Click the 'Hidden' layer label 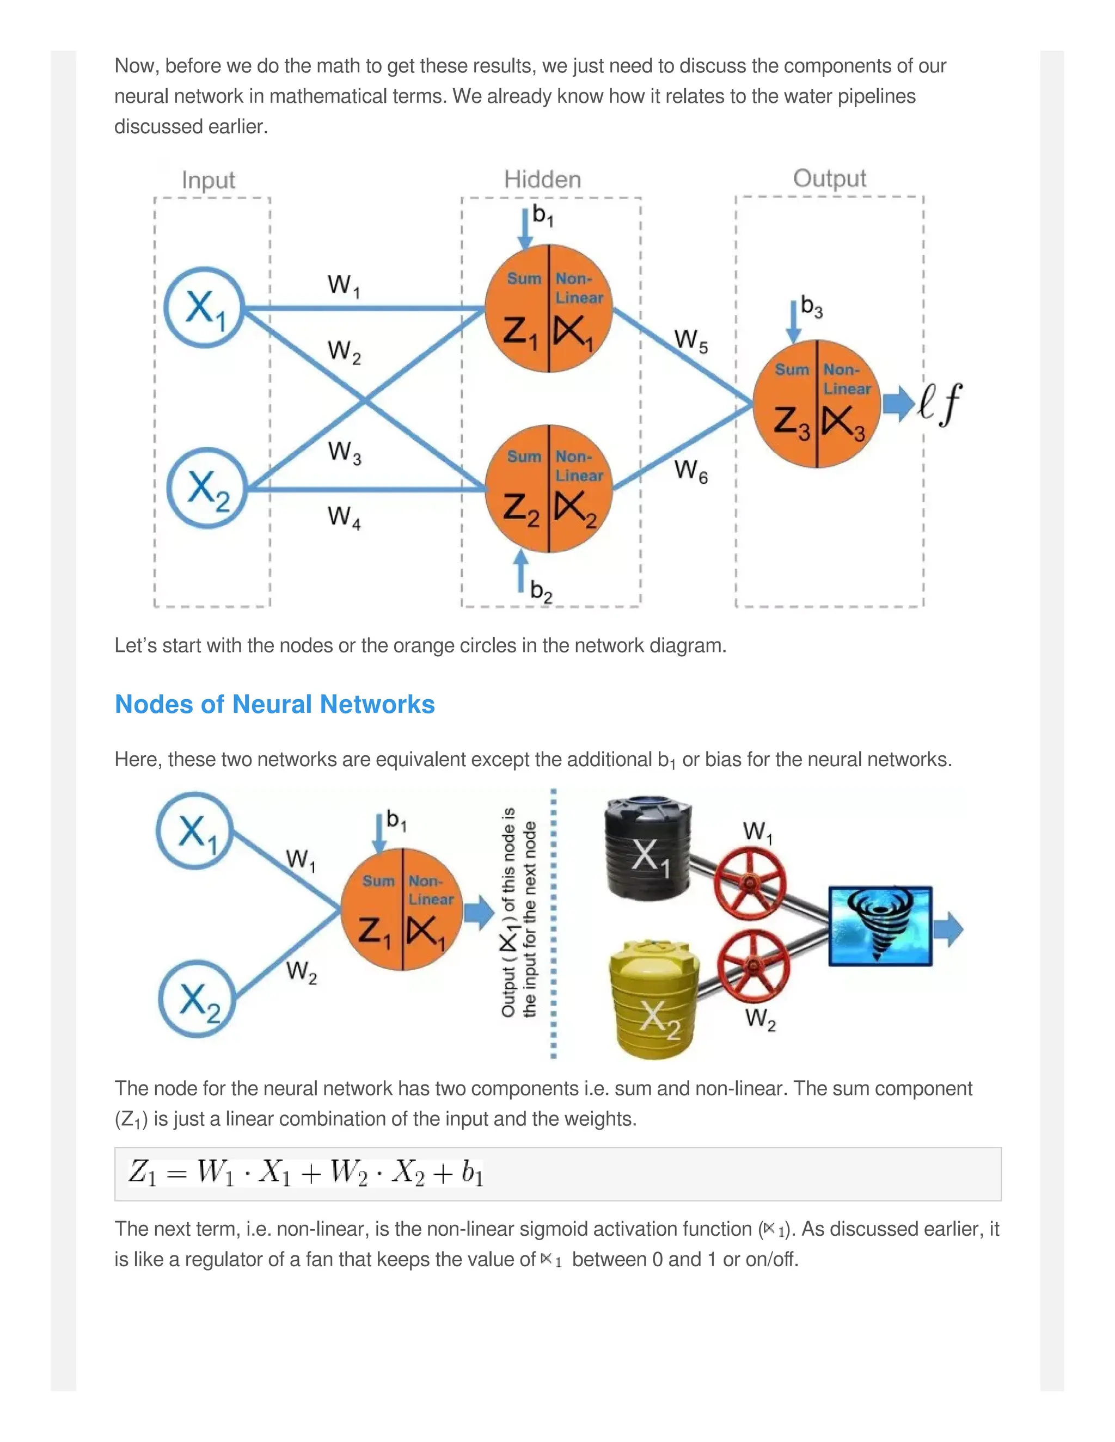click(x=542, y=180)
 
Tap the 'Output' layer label click(x=829, y=178)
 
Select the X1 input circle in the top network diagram click(x=205, y=307)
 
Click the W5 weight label click(x=690, y=341)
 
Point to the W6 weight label click(x=690, y=471)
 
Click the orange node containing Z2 click(x=549, y=489)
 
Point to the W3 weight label click(x=344, y=452)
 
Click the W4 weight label click(x=344, y=516)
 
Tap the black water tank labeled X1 click(x=648, y=850)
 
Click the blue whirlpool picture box click(x=880, y=926)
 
